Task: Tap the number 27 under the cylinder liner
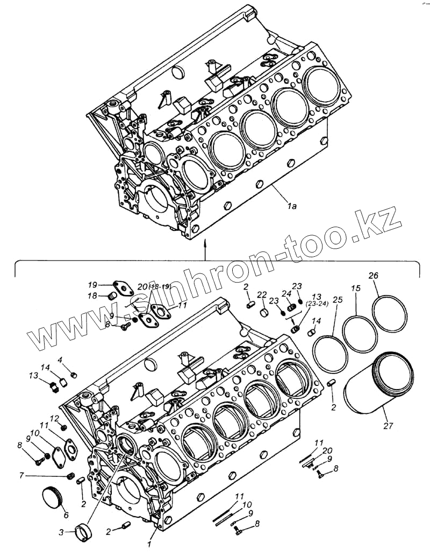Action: point(388,426)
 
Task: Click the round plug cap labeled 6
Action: point(52,494)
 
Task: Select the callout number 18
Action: point(92,295)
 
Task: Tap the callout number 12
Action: point(54,418)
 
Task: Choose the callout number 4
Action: point(60,360)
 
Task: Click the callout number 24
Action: point(286,294)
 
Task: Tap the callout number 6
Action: point(66,515)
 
